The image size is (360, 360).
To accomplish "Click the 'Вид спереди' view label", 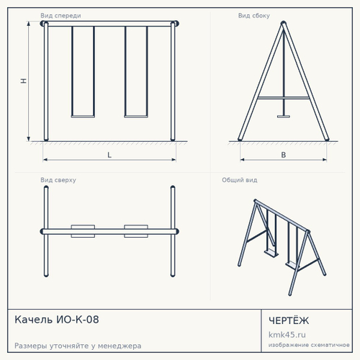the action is pyautogui.click(x=60, y=16).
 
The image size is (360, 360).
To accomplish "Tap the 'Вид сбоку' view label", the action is pyautogui.click(x=254, y=16).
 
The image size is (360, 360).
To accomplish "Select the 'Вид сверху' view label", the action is pyautogui.click(x=58, y=180).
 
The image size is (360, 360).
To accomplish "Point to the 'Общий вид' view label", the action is pyautogui.click(x=240, y=180).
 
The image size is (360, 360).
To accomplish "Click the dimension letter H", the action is pyautogui.click(x=23, y=81).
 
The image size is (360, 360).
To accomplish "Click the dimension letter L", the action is pyautogui.click(x=109, y=155).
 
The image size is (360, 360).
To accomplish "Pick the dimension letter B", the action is pyautogui.click(x=284, y=155).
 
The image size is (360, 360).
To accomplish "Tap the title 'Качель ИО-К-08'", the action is pyautogui.click(x=57, y=320).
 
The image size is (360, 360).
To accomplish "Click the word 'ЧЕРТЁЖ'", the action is pyautogui.click(x=289, y=320).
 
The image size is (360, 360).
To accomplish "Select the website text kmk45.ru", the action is pyautogui.click(x=287, y=335).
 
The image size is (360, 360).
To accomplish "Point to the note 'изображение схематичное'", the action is pyautogui.click(x=309, y=345).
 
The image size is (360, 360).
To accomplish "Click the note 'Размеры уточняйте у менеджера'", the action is pyautogui.click(x=78, y=346).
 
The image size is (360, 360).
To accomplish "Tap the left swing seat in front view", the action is pyautogui.click(x=83, y=117).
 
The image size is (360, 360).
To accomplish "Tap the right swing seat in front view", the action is pyautogui.click(x=136, y=117).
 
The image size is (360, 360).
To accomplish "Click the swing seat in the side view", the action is pyautogui.click(x=284, y=117).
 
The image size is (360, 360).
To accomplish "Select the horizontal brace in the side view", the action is pyautogui.click(x=284, y=98).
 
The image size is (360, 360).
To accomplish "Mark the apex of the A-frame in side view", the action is pyautogui.click(x=284, y=23).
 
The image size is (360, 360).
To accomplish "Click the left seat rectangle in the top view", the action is pyautogui.click(x=83, y=231).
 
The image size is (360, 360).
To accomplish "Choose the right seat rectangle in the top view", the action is pyautogui.click(x=136, y=231).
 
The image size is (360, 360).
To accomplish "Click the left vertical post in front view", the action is pyautogui.click(x=46, y=81).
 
